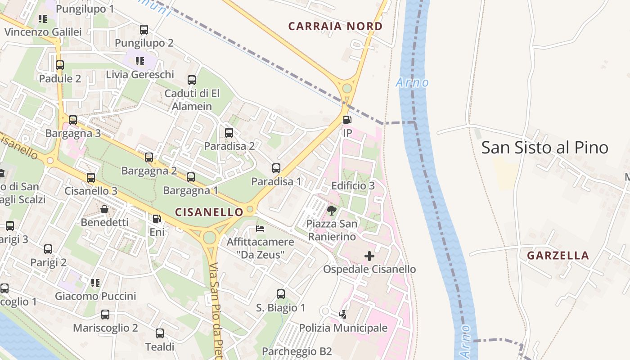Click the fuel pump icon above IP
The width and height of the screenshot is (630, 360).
[x=347, y=120]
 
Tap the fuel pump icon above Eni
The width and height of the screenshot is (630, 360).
[x=157, y=219]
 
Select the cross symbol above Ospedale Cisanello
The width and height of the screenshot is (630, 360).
[x=369, y=256]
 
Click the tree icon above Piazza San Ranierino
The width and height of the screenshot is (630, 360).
[x=332, y=210]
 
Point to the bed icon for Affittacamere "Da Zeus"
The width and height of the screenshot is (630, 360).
[x=260, y=229]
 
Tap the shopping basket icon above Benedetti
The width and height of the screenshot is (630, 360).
[x=104, y=209]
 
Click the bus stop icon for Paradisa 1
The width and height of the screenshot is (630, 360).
[x=276, y=168]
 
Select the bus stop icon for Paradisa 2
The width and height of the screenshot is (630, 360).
[x=229, y=133]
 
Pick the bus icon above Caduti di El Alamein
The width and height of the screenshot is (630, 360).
[x=192, y=80]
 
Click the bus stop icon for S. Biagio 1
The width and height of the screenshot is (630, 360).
[x=281, y=294]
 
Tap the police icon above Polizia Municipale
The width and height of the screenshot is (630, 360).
[x=343, y=314]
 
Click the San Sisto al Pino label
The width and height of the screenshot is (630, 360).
[x=544, y=148]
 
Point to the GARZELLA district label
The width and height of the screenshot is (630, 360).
[x=558, y=256]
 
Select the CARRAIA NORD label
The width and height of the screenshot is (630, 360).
[x=335, y=26]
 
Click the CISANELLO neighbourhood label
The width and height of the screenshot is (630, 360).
[x=209, y=211]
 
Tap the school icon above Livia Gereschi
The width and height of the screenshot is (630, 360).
[x=140, y=61]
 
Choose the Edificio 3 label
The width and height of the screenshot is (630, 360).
[x=353, y=186]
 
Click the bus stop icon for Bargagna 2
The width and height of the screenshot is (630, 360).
[x=149, y=157]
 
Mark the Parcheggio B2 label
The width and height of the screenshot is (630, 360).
[x=297, y=351]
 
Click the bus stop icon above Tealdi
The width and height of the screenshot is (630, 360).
[x=160, y=333]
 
